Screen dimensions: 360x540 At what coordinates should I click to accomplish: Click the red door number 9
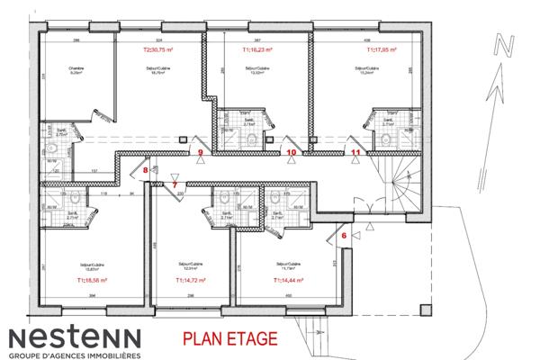click(x=201, y=153)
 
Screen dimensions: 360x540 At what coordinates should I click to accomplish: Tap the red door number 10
click(x=291, y=153)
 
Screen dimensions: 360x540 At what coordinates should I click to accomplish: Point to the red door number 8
click(x=146, y=169)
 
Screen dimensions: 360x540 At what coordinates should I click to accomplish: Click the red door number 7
click(x=175, y=184)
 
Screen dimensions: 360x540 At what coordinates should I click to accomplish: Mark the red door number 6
click(x=344, y=236)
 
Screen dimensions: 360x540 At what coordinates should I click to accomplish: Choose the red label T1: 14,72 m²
click(x=191, y=280)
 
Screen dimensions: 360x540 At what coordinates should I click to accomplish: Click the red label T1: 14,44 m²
click(x=288, y=280)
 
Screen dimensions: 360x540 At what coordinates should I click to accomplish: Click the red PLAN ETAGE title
click(x=227, y=339)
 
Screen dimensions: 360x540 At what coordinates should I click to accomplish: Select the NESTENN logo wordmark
click(x=75, y=337)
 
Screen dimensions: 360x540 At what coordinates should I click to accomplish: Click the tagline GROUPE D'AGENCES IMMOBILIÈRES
click(x=75, y=355)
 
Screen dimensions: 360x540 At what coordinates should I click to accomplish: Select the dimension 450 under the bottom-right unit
click(x=288, y=294)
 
